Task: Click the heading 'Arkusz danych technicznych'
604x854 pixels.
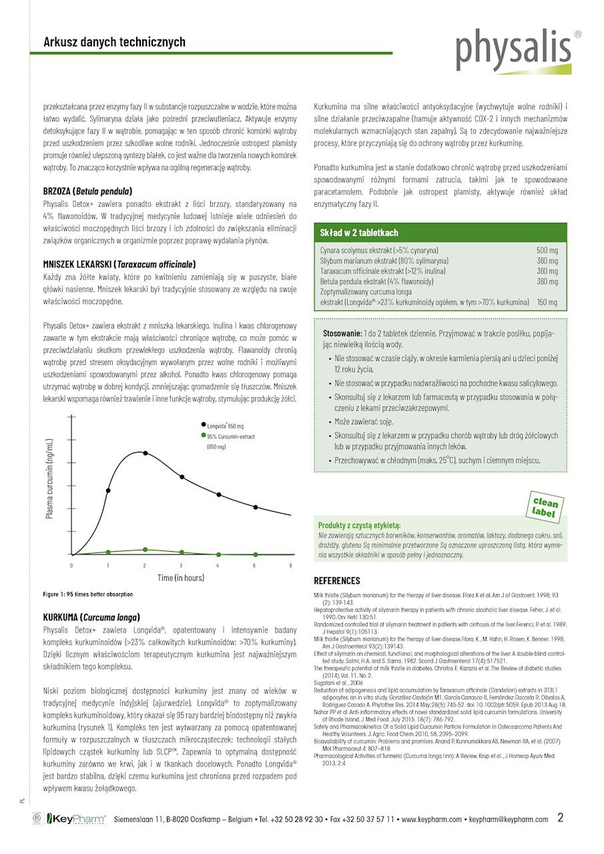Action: pos(114,42)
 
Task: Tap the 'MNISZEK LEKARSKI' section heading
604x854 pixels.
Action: pos(119,264)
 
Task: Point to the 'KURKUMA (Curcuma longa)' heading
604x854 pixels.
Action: pos(91,617)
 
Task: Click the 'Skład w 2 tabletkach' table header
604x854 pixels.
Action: pos(360,233)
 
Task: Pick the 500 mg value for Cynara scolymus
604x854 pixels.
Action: pos(547,250)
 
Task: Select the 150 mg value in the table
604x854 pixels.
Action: pos(547,302)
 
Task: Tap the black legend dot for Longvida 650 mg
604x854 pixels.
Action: pos(203,424)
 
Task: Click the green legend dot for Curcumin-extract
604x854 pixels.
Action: pos(203,436)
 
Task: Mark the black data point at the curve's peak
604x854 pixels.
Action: pos(145,453)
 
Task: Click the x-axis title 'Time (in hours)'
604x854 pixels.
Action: pos(181,578)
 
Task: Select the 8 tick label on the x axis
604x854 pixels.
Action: pos(290,565)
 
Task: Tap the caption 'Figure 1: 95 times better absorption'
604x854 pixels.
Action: pos(88,594)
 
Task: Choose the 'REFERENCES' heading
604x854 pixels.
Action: pos(337,580)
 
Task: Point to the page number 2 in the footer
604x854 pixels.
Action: pos(560,818)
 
